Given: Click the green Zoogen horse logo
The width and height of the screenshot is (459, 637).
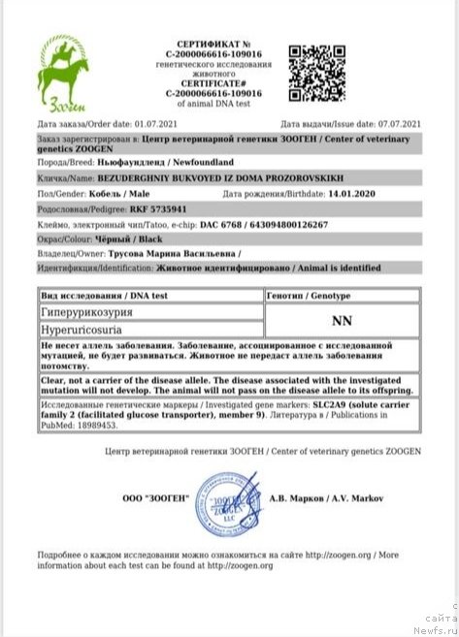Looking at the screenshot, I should (x=65, y=75).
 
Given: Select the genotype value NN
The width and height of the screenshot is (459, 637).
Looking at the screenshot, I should (x=342, y=319).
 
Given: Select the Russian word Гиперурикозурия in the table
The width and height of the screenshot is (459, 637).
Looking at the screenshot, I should (x=83, y=312).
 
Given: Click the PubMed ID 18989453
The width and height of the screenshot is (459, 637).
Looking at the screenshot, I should (x=95, y=424).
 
